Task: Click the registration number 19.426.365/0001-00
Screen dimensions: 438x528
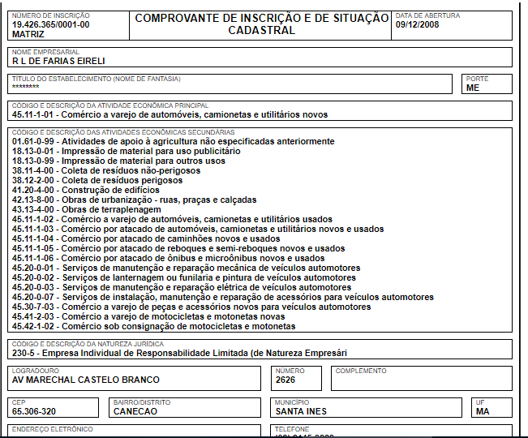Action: coord(50,24)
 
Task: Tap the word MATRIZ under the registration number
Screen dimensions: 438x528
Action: coord(28,33)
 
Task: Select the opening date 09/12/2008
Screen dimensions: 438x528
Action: coord(417,24)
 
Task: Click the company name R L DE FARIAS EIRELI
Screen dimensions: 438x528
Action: coord(58,61)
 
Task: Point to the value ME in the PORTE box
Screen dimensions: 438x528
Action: coord(473,88)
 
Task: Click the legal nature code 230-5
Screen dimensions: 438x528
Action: coord(25,353)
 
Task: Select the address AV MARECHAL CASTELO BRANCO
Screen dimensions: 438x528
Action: coord(85,380)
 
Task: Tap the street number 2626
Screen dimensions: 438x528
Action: coord(285,380)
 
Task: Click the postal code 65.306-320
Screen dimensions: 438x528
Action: coord(34,411)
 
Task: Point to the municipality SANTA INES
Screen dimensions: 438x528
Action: coord(301,411)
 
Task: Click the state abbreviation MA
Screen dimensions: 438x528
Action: coord(483,411)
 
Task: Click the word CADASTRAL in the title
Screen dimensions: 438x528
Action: coord(261,30)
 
